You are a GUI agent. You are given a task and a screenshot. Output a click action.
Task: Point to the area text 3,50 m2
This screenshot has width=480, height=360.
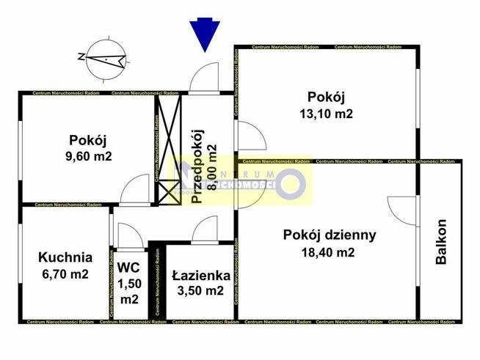[200, 291]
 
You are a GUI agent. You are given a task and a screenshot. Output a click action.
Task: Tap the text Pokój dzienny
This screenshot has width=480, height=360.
[330, 235]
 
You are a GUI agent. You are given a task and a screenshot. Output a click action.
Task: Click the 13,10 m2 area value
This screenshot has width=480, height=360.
[327, 114]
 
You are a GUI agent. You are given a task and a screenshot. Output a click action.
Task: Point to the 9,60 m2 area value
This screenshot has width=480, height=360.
[88, 155]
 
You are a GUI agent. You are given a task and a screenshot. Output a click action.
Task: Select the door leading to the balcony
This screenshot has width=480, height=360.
[402, 207]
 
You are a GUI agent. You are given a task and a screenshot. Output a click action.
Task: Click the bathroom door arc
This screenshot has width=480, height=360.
[203, 230]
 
